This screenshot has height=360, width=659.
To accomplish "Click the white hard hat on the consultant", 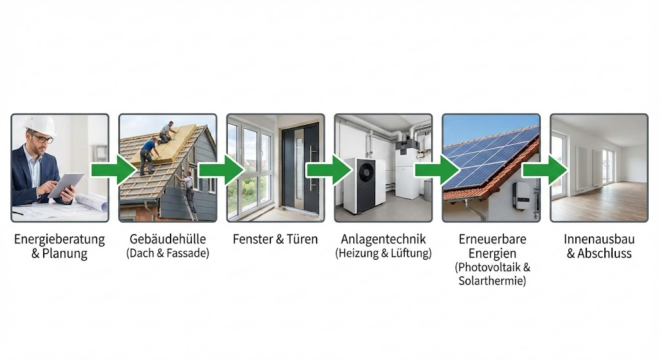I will pos(39,125).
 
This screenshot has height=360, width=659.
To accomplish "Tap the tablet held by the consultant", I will pos(66,185).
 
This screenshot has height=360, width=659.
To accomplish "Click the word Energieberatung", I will pos(59,240).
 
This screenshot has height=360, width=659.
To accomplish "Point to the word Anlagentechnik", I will pos(383,240).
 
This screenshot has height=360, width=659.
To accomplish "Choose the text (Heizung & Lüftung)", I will pos(383,254).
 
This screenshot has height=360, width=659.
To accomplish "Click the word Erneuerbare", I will pos(492,240).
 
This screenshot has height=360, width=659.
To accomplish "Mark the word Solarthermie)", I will pos(492,281).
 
